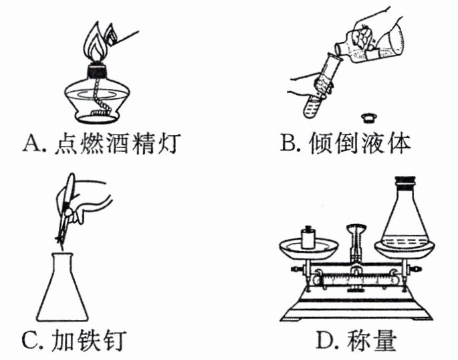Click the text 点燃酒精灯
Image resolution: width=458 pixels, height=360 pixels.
pos(116,144)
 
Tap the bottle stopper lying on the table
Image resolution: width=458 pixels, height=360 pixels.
pos(366,118)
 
